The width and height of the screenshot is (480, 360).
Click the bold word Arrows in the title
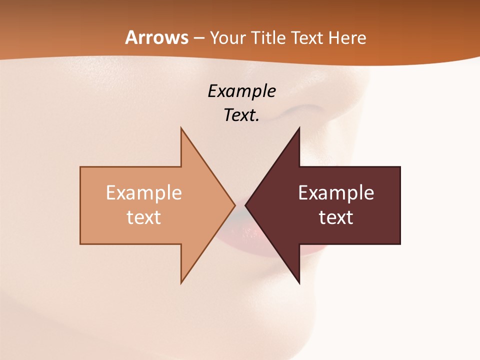[x=157, y=37]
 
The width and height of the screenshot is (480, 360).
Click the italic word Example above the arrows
[x=242, y=91]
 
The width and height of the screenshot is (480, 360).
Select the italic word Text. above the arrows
[x=242, y=115]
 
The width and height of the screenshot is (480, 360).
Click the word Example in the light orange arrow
[x=144, y=193]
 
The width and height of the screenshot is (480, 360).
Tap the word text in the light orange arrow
[x=144, y=217]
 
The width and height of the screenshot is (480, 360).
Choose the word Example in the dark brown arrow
[x=336, y=193]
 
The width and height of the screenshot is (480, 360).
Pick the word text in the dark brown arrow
[x=336, y=217]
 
